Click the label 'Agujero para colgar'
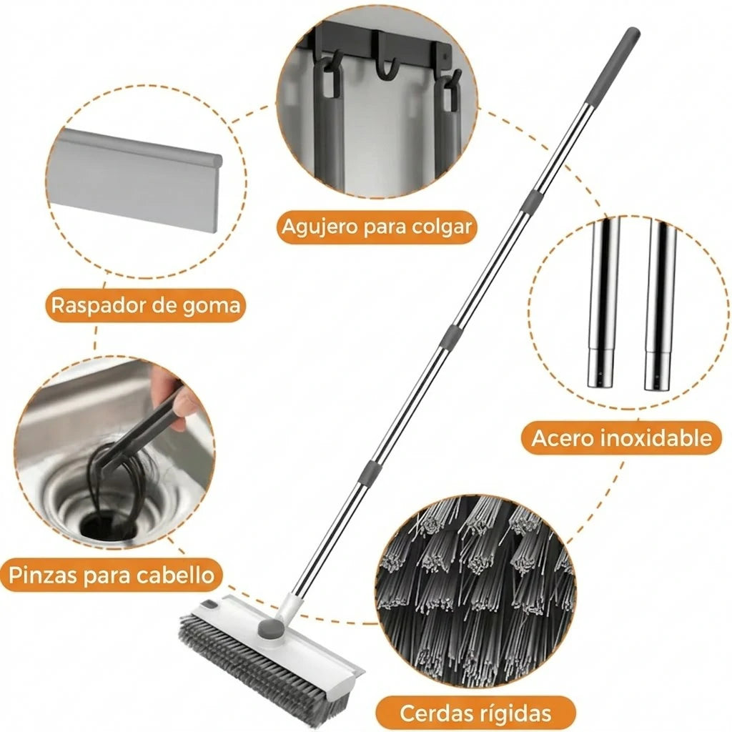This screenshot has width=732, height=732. coord(377,227)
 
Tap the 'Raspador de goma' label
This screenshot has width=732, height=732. coord(146,305)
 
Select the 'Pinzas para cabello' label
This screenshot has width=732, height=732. coord(111,575)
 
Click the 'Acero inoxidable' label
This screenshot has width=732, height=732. coord(621,438)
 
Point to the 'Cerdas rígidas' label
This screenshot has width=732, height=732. coord(475,713)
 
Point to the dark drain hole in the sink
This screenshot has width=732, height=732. coord(109,528)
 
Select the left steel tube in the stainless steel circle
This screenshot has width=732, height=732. coord(603,302)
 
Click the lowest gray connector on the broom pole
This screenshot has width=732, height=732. coord(370,473)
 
